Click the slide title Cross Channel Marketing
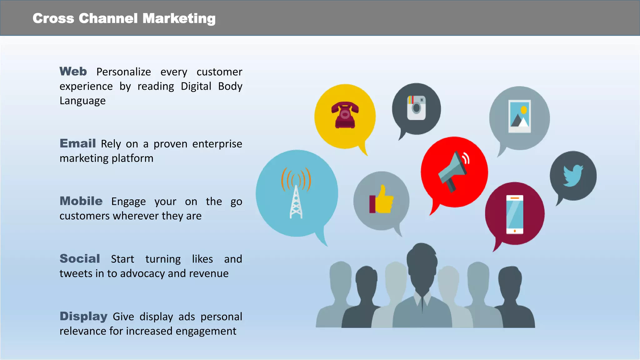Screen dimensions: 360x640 [x=124, y=18]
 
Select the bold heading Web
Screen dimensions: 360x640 [x=73, y=72]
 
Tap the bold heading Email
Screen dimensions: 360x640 [x=77, y=143]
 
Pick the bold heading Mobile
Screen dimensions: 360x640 [x=81, y=201]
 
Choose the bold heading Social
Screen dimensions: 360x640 [x=80, y=259]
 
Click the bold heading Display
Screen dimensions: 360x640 [x=83, y=316]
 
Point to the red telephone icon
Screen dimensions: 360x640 [x=345, y=115]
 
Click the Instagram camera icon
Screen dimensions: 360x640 [x=416, y=108]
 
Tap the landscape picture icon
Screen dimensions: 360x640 [x=519, y=116]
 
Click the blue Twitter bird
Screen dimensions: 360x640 [x=573, y=175]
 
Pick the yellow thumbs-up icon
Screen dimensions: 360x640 [x=382, y=200]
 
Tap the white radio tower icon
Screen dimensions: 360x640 [x=296, y=200]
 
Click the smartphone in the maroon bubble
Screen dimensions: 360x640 [x=514, y=214]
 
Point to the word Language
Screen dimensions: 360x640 [x=82, y=101]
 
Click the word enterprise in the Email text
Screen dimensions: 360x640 [x=217, y=144]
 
